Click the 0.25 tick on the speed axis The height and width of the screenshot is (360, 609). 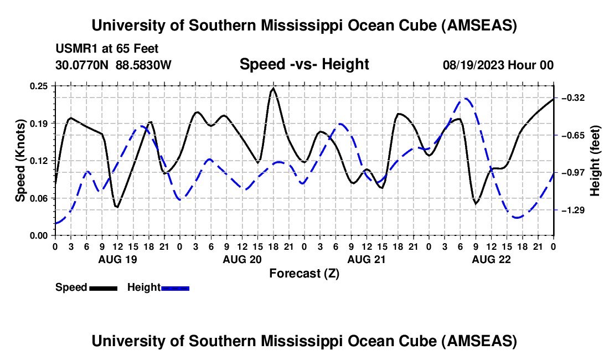pos(42,86)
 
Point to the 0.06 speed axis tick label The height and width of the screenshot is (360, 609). pos(42,198)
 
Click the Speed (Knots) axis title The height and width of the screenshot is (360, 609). pos(20,161)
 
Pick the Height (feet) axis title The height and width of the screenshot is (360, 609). pos(595,161)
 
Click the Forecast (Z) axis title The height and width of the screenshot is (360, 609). pos(304,273)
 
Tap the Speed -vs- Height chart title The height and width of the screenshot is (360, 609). pos(304,65)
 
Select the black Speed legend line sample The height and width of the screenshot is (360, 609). pos(103,288)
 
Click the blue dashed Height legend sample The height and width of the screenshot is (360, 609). pos(176,288)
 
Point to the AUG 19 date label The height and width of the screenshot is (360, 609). pos(117,259)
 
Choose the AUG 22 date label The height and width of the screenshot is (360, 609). pos(491,259)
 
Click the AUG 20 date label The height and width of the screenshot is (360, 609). pos(241,259)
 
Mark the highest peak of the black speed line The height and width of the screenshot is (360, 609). pos(273,89)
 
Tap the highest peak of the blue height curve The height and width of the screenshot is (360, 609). pos(466,99)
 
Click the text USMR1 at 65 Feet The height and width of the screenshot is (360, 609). pos(107,49)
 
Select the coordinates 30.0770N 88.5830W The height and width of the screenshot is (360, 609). pos(113,65)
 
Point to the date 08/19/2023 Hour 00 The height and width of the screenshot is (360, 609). pos(498,65)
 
